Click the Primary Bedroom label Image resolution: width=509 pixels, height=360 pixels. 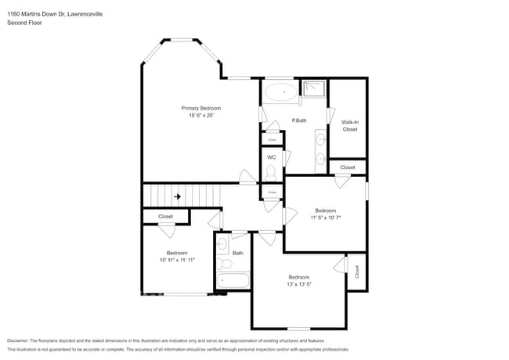(200, 108)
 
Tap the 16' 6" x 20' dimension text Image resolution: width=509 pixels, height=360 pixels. (200, 116)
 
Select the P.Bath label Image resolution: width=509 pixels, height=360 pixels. (298, 121)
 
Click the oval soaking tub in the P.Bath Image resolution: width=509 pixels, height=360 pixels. (280, 92)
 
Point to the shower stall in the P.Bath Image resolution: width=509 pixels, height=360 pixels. (314, 88)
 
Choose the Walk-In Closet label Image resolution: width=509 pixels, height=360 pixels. (349, 125)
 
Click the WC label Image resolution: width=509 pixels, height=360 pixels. (272, 157)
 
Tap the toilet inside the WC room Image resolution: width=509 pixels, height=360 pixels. (272, 171)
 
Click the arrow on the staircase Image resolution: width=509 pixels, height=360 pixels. (178, 196)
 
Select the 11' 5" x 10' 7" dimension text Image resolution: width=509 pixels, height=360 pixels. (325, 218)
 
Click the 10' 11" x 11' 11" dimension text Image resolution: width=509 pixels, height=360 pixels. (177, 260)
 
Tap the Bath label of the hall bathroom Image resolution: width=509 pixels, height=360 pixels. (237, 253)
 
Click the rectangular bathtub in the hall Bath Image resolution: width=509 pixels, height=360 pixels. (233, 279)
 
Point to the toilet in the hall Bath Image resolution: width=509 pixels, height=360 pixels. (222, 262)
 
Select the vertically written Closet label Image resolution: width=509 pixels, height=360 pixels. (357, 272)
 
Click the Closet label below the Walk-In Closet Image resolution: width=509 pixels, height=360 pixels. (347, 167)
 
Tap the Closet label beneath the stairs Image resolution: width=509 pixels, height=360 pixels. (165, 217)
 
